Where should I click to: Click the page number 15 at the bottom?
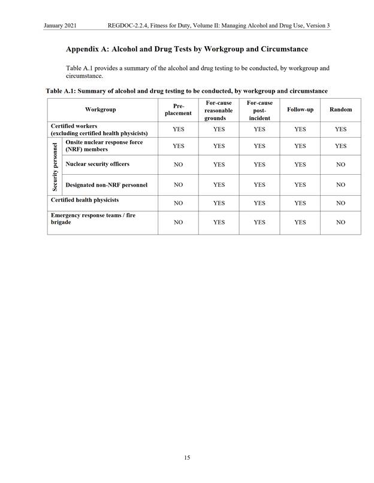coord(187,458)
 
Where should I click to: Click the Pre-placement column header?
coord(178,110)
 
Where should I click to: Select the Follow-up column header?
coord(300,110)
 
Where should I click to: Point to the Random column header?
coord(340,110)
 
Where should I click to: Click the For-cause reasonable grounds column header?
coord(219,110)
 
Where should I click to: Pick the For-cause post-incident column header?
coord(260,110)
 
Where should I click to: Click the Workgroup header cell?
coord(101,110)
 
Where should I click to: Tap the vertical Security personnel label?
coord(55,166)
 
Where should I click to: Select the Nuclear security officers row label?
coord(97,164)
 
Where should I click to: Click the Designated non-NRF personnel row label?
coord(106,185)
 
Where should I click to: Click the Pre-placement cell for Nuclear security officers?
coord(178,165)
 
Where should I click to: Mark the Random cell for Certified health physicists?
coord(340,203)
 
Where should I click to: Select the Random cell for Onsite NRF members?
coord(340,146)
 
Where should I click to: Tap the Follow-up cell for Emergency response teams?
coord(300,222)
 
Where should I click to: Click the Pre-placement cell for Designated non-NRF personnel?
coord(178,185)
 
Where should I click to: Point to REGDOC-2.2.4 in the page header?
coord(128,25)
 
